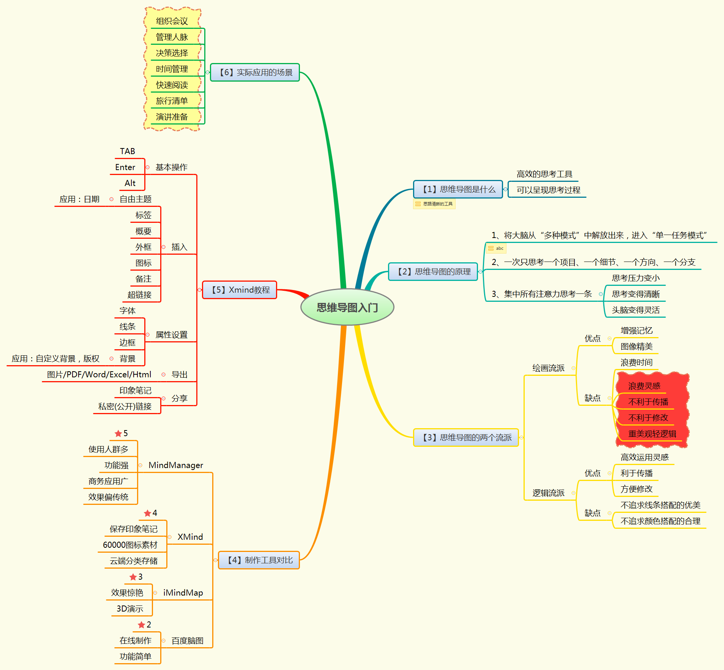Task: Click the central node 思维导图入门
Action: coord(347,307)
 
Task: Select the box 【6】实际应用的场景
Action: coord(255,72)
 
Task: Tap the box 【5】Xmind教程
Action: coord(240,290)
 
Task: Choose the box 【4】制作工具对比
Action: coord(259,560)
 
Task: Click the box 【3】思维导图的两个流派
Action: coord(466,437)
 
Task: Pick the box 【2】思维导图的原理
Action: coord(433,271)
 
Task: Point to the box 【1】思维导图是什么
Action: coord(458,189)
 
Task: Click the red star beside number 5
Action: coord(118,434)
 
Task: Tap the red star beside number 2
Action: coord(141,625)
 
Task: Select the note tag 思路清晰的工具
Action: coord(434,204)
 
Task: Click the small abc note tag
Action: coord(496,248)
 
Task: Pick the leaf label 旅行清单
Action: coord(172,101)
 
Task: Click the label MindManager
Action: coord(176,465)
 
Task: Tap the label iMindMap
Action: coord(183,593)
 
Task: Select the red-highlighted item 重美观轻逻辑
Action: coord(652,434)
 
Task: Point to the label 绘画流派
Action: coord(548,368)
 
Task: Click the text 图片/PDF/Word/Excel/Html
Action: coord(99,374)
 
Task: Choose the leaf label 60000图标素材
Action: coord(130,545)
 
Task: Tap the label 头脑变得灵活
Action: coord(636,310)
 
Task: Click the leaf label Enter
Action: coord(125,167)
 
